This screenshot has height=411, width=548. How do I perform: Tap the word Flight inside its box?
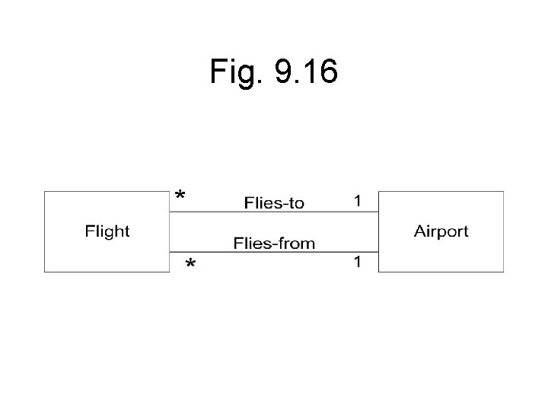[107, 231]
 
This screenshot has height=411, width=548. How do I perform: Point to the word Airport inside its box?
[441, 231]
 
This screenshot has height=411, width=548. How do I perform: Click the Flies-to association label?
[274, 202]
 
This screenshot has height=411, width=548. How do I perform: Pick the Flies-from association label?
[274, 244]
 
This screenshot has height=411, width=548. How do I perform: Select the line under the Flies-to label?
[274, 212]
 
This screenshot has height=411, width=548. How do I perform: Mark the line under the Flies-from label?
[274, 252]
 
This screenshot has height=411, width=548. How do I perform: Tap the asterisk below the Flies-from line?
[190, 264]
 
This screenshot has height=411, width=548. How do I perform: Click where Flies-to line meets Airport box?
[378, 212]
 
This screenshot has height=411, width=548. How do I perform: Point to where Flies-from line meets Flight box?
[169, 252]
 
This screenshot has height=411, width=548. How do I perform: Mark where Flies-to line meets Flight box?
[169, 212]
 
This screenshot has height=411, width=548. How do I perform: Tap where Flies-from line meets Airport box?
[378, 252]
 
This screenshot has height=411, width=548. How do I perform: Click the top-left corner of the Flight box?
[45, 191]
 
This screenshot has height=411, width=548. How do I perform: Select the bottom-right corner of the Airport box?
[503, 272]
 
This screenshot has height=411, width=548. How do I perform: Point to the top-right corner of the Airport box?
[503, 191]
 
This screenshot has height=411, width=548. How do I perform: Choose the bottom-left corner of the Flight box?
[45, 272]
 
